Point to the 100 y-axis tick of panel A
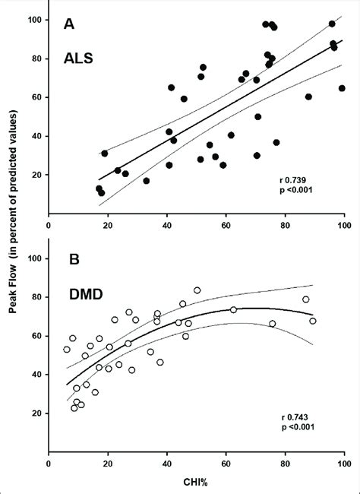pos(33,19)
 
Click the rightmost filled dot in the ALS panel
pos(342,88)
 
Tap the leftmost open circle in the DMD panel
pos(67,350)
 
